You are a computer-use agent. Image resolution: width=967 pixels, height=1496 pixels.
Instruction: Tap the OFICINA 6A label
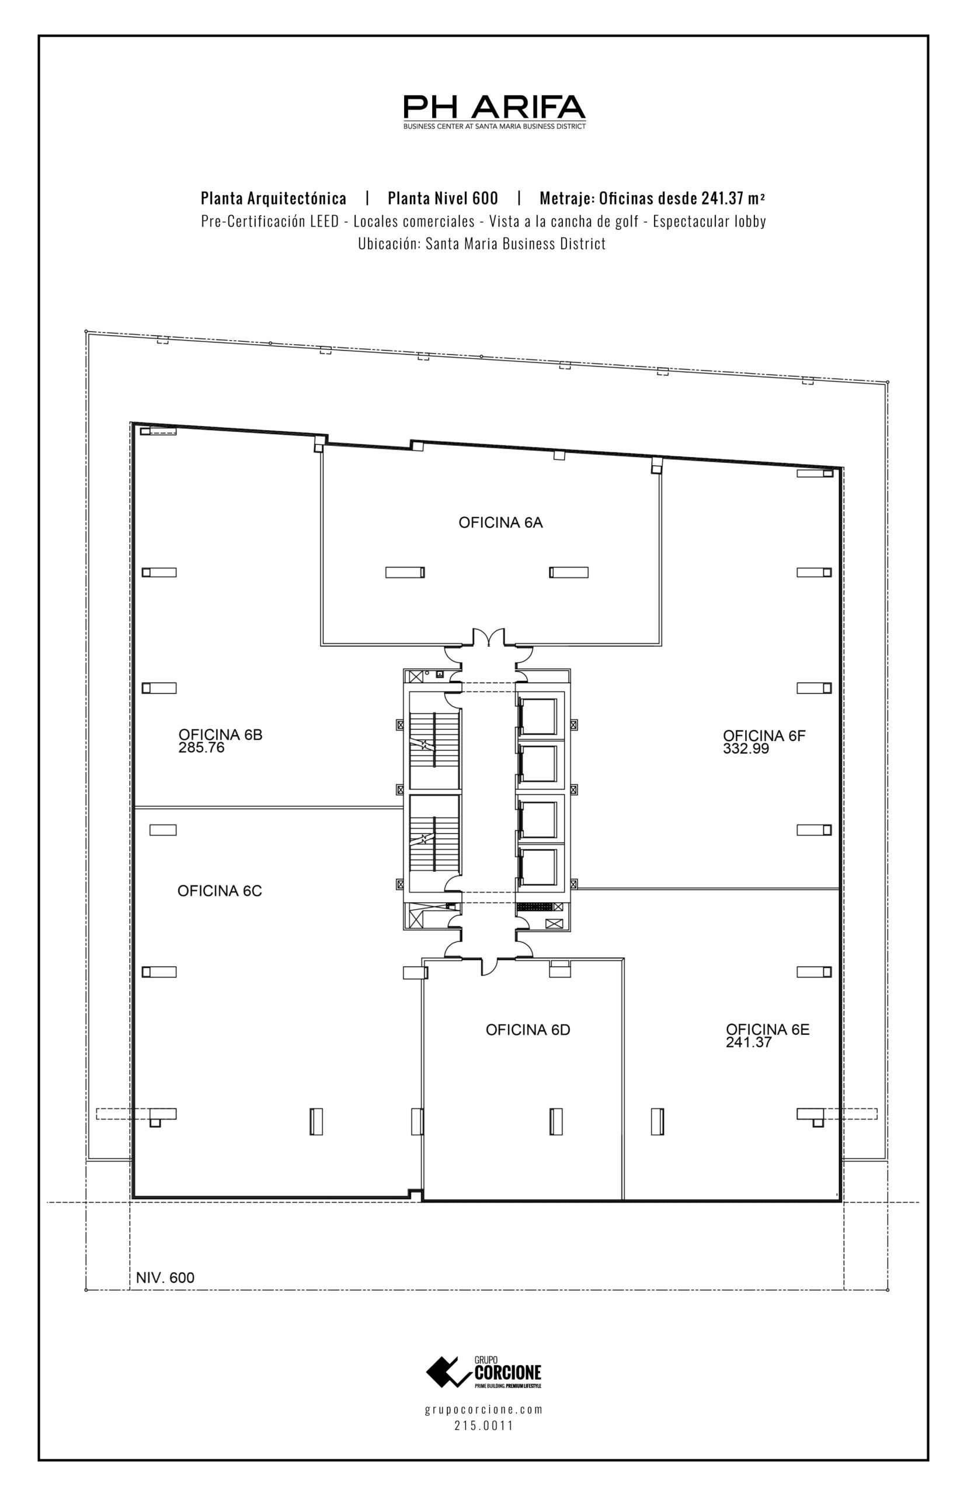(x=500, y=523)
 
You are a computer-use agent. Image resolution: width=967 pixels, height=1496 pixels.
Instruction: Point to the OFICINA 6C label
(x=219, y=891)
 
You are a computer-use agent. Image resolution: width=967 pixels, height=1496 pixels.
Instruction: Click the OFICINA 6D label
(x=527, y=1030)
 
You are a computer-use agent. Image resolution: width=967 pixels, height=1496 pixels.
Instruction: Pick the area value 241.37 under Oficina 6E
(x=749, y=1043)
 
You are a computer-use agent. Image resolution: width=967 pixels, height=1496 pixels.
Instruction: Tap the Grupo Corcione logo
(x=484, y=1372)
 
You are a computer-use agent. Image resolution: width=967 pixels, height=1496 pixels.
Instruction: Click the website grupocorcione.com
(x=484, y=1410)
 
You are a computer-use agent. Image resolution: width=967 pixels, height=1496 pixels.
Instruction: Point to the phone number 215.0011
(x=484, y=1426)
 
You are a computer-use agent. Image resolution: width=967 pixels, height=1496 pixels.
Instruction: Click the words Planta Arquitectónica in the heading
(x=273, y=199)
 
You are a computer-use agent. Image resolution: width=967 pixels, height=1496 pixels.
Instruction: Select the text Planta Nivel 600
(x=443, y=199)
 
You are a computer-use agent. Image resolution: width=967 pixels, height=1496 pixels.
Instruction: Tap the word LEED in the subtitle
(x=324, y=221)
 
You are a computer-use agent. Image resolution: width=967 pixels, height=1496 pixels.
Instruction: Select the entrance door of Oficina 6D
(x=489, y=967)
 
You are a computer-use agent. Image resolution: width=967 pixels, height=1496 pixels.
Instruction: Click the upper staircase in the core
(x=434, y=741)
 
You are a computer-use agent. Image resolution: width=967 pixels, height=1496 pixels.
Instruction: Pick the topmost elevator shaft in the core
(x=537, y=716)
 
